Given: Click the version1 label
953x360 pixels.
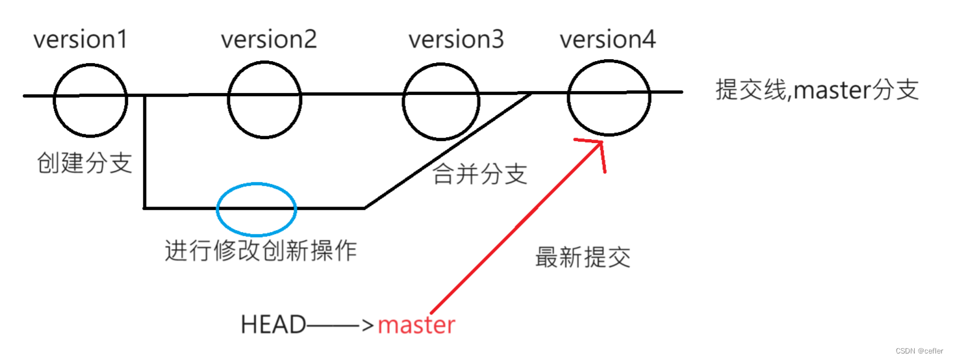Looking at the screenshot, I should click(81, 40).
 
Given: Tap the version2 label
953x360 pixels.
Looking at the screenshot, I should click(268, 40).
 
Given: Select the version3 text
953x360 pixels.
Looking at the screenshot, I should click(455, 40).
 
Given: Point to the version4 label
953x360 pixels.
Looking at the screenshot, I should click(607, 40).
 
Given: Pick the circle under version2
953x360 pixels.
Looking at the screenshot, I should click(265, 98).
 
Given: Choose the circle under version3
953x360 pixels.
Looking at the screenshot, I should click(441, 101).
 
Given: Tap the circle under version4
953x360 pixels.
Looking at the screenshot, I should click(609, 97).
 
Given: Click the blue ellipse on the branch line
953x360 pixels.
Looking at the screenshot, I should click(257, 209).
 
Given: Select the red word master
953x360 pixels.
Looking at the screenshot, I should click(416, 325).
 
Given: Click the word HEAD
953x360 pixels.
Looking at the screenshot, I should click(273, 325).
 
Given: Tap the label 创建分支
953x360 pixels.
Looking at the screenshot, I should click(85, 163).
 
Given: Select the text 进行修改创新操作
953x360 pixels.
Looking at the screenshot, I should click(260, 251).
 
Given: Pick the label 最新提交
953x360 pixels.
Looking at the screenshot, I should click(583, 258).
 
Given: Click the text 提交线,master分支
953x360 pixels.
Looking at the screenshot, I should click(817, 90).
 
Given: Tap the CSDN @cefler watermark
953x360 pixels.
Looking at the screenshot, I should click(921, 350).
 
